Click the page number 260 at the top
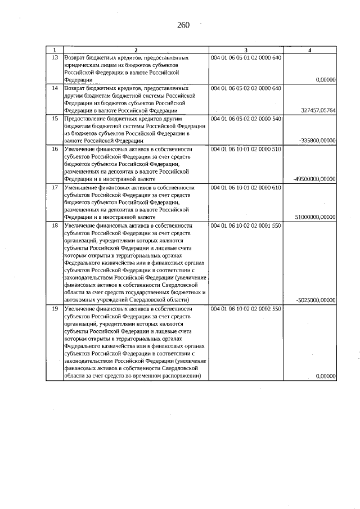(183, 25)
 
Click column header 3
(245, 50)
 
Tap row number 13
(55, 58)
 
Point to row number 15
(55, 119)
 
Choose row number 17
(55, 187)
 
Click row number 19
(55, 309)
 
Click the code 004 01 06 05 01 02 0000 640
(245, 58)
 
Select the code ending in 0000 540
(245, 119)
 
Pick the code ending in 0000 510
(245, 149)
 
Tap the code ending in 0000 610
(245, 187)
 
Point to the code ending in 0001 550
(245, 225)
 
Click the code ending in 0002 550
(245, 309)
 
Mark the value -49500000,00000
(314, 179)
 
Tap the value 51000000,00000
(315, 217)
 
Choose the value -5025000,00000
(316, 300)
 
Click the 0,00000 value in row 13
(326, 80)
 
